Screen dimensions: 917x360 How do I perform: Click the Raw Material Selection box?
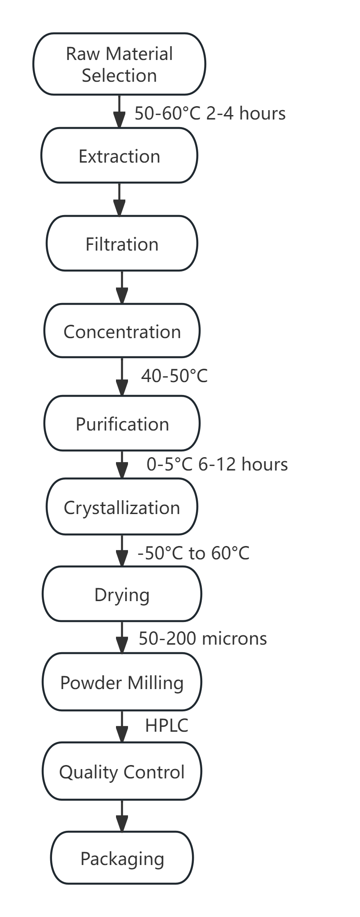(119, 64)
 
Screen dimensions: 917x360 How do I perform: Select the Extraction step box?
(119, 155)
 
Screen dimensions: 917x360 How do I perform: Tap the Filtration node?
(122, 243)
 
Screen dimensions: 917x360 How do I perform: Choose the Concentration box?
(122, 331)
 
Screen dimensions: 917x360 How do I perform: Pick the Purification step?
(122, 423)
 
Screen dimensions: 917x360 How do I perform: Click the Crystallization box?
(122, 507)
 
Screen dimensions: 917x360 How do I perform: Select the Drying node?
(122, 594)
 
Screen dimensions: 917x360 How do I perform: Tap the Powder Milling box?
(122, 682)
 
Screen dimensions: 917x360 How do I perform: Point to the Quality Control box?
(122, 772)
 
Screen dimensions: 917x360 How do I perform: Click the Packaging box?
(122, 858)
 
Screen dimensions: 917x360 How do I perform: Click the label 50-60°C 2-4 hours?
(210, 113)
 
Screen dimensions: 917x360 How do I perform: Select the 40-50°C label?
(174, 376)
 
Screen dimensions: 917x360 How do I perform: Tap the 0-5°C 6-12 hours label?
(217, 464)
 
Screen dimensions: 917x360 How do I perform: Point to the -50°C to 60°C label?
(193, 553)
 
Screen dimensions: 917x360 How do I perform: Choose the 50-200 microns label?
(203, 638)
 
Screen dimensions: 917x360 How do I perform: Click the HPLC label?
(167, 726)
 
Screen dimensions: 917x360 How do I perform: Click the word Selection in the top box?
(119, 76)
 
